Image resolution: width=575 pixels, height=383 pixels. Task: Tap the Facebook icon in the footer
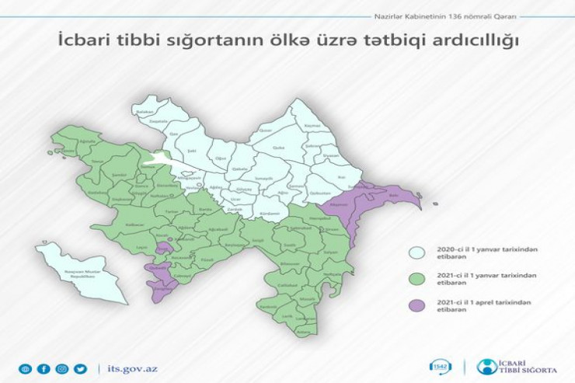point(44,368)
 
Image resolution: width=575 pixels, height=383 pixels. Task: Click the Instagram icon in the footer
point(62,368)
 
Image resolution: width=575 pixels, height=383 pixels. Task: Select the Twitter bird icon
point(81,368)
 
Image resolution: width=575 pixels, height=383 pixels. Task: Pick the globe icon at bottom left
point(26,368)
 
